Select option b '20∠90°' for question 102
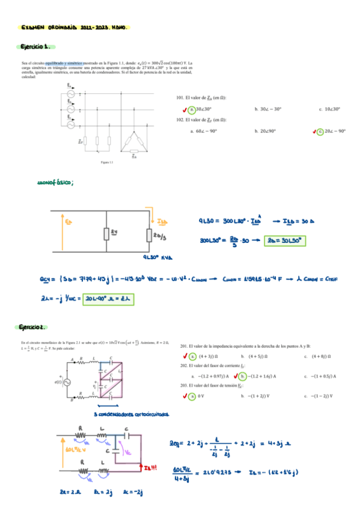click(x=268, y=131)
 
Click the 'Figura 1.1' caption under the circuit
click(x=108, y=162)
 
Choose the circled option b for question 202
click(x=243, y=376)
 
